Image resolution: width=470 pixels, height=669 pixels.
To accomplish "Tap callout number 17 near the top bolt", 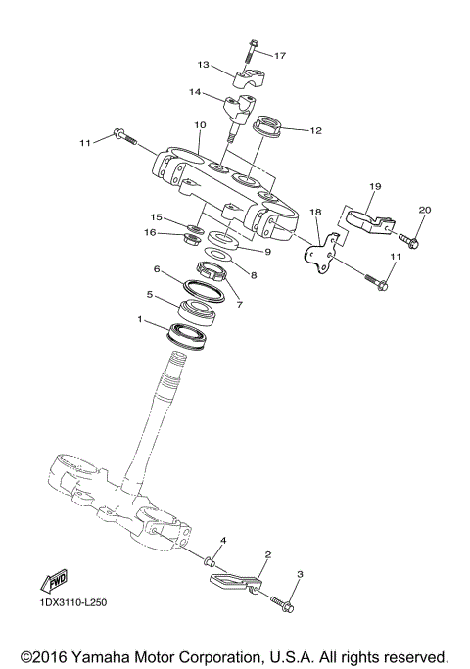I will (x=280, y=55).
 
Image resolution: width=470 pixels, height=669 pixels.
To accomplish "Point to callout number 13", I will (x=203, y=65).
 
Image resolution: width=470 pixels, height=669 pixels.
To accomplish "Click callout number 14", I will (x=195, y=93).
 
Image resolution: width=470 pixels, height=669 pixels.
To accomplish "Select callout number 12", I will (x=314, y=130).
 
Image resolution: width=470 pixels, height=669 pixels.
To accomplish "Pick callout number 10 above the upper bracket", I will (x=200, y=125).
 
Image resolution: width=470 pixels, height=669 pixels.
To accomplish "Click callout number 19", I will (x=374, y=185).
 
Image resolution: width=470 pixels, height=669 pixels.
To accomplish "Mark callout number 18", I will (x=315, y=212).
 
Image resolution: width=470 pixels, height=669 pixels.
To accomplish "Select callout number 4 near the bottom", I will (x=222, y=541).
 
